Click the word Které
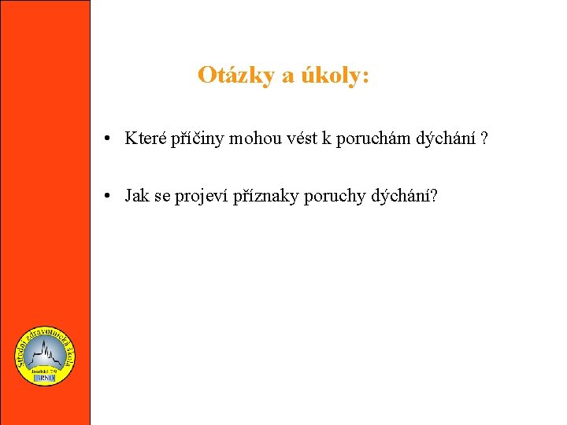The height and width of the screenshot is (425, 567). tap(144, 139)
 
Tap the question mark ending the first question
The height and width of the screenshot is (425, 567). tap(484, 139)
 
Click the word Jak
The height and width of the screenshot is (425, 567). tap(137, 196)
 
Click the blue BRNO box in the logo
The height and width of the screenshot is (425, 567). tap(46, 377)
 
